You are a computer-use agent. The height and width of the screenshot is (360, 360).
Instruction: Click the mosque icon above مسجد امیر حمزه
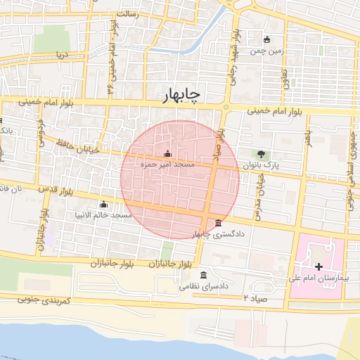pos(167,153)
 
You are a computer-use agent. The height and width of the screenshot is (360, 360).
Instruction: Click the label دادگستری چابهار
pos(220,233)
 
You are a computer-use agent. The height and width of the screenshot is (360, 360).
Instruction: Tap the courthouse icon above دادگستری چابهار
pos(220,222)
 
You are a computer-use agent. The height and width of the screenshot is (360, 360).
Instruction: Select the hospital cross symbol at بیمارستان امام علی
pos(319,266)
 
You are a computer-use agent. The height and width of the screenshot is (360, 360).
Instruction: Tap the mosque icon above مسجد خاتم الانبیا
pos(104,204)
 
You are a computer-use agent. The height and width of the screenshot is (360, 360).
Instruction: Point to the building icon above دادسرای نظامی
pos(203,275)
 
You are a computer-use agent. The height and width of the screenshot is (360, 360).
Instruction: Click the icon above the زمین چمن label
pos(266,39)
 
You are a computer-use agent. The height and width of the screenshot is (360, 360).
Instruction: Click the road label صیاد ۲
pos(253,299)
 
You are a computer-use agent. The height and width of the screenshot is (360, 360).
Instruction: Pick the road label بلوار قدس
pos(57,190)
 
